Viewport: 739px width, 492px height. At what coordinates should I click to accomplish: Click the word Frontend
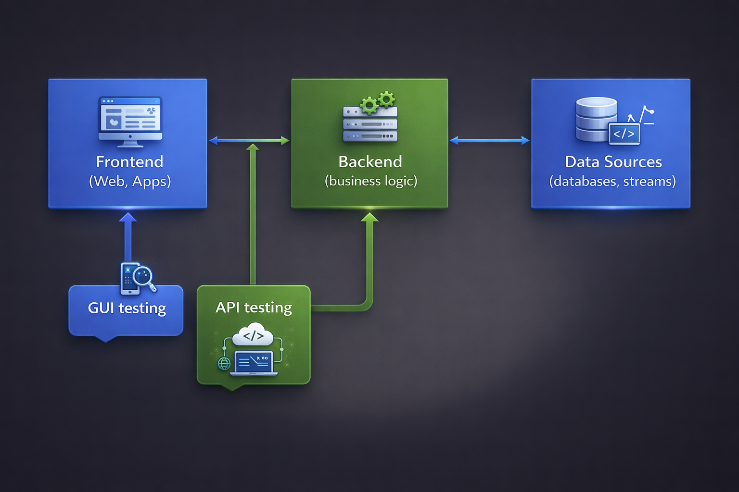(129, 162)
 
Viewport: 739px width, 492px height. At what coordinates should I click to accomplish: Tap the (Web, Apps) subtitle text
(130, 182)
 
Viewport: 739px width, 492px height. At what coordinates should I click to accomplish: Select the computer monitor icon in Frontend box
(130, 120)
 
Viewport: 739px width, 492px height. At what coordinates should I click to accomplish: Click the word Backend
(370, 162)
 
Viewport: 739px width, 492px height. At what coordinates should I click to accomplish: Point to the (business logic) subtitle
(370, 181)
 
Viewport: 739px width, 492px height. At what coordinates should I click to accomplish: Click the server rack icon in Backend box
(370, 124)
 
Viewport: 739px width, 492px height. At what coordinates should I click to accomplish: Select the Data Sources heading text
(613, 162)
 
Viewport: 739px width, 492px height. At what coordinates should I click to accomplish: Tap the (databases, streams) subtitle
(612, 182)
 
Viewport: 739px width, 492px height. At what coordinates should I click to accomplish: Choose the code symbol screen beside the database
(624, 134)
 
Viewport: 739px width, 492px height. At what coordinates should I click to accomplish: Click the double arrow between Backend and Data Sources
(489, 141)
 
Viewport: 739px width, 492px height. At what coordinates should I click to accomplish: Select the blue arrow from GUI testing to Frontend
(128, 238)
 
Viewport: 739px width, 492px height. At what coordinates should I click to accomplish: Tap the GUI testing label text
(127, 308)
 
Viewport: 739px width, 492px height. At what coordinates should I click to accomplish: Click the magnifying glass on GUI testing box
(143, 277)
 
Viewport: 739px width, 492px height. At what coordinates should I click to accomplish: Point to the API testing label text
(254, 307)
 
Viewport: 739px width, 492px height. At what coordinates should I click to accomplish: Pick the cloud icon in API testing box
(253, 335)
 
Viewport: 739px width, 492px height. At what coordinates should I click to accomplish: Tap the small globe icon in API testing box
(224, 364)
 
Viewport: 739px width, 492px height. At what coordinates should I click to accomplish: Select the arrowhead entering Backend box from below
(369, 218)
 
